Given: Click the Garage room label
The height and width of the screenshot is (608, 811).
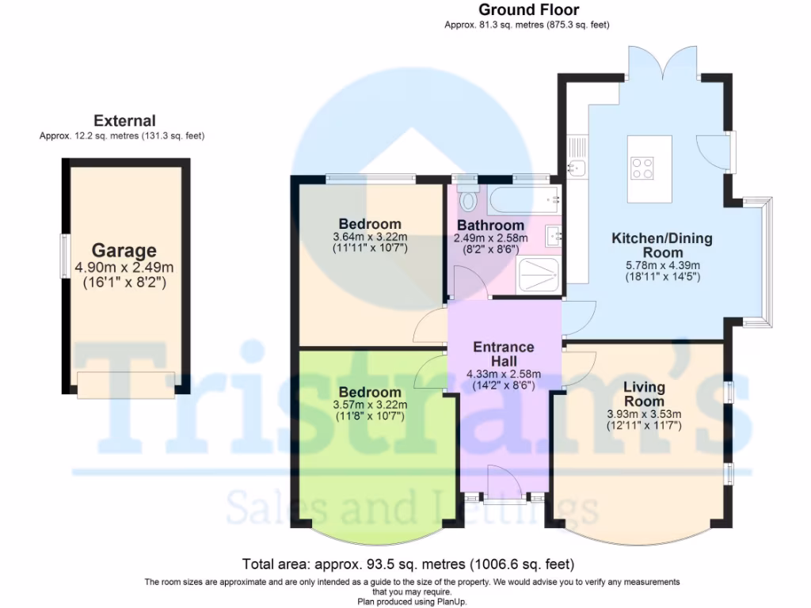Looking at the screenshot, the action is tap(124, 251).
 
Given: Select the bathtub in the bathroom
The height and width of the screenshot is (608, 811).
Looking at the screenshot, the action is tap(524, 199).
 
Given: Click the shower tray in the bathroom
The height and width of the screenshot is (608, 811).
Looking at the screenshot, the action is tap(539, 275).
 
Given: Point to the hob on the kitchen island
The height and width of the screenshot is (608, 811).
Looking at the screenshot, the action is tap(642, 168).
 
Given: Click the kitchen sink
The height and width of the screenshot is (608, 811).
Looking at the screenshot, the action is tap(577, 168).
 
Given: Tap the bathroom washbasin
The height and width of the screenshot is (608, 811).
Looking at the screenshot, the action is tap(553, 236).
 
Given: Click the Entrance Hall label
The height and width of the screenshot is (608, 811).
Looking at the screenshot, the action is tap(503, 354).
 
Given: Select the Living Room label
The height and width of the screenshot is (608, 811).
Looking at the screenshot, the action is tap(644, 394).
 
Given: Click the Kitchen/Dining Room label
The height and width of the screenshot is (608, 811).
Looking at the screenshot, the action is tap(662, 245).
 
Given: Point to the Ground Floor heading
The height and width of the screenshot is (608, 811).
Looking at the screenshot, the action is tap(528, 9).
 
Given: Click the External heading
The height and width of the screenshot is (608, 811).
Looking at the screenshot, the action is tap(124, 121).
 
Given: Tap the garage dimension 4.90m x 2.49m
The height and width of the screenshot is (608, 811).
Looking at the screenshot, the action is tap(124, 268).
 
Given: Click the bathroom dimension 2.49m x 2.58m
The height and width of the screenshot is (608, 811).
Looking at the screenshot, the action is tap(491, 238).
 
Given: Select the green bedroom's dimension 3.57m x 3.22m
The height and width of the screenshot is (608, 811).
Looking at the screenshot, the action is tap(370, 405).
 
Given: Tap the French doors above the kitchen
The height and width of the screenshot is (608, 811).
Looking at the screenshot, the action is tap(663, 63).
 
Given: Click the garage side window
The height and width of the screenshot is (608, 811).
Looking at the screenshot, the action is tap(65, 256).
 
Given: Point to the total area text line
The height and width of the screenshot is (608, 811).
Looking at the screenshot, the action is tap(408, 564).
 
